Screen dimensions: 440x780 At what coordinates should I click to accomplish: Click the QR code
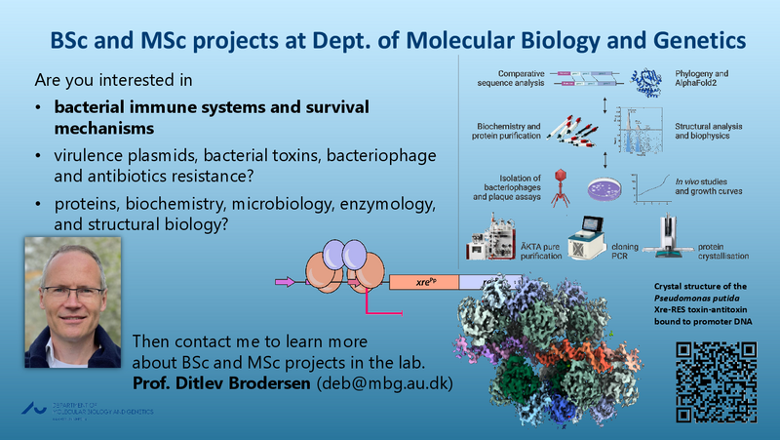(717, 381)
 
